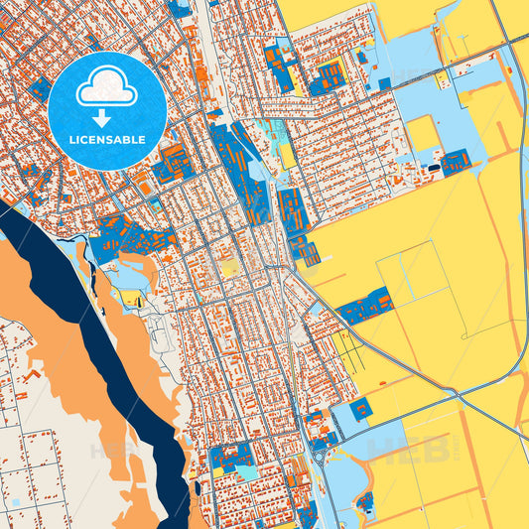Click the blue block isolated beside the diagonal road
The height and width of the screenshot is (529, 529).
coord(365,307)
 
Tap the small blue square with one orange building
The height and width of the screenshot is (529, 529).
coord(360,408)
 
